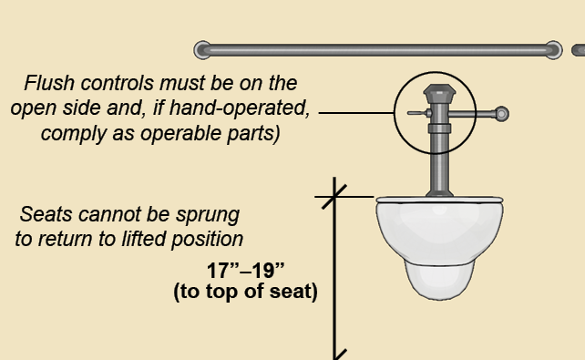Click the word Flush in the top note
point(49,83)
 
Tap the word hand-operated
point(240,108)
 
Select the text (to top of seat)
point(245,292)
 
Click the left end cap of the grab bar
point(202,50)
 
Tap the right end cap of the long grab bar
point(553,50)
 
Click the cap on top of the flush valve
point(439,93)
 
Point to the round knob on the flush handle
point(502,114)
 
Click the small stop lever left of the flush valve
point(419,113)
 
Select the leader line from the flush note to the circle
point(356,112)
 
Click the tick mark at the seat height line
point(334,197)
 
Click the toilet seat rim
point(439,200)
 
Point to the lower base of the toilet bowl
point(439,281)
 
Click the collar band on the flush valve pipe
point(439,129)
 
